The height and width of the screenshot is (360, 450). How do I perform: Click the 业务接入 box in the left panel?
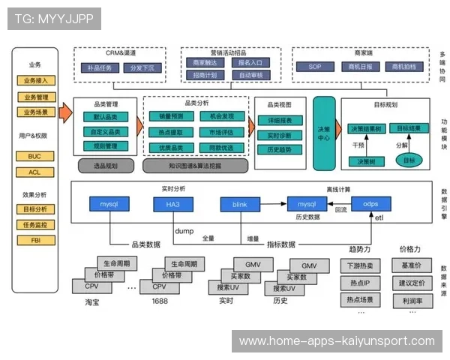[x=36, y=81]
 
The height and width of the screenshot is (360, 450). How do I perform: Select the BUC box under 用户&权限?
[x=34, y=156]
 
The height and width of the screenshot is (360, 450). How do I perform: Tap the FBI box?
[x=34, y=220]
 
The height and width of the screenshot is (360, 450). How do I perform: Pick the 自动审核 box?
[x=250, y=75]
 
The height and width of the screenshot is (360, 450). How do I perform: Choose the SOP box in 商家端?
[x=316, y=67]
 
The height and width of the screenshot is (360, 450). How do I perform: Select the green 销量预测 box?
[x=171, y=116]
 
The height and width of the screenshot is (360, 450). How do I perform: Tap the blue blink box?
[x=240, y=203]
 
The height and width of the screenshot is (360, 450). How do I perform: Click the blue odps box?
[x=370, y=203]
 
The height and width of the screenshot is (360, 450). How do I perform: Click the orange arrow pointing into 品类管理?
[x=65, y=114]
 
